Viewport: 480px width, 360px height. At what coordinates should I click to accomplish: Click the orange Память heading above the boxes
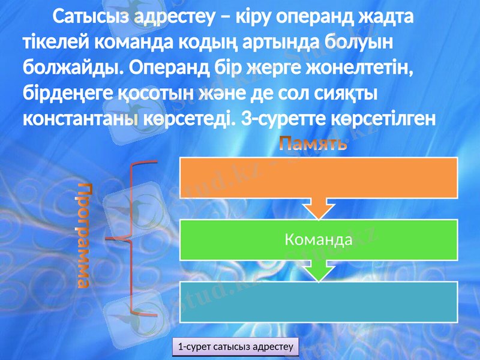pos(313,144)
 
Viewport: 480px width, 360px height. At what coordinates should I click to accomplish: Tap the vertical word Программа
pos(86,235)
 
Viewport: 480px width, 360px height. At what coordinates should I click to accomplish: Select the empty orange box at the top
pos(319,177)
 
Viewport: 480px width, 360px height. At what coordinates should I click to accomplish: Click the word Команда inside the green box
pos(318,240)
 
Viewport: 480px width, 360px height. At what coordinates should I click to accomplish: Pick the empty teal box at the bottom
pos(319,302)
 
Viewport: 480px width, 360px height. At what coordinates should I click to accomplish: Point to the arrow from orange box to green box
pos(319,208)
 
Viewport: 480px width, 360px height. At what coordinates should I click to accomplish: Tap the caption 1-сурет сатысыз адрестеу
pos(235,346)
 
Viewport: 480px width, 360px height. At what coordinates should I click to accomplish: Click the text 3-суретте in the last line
pos(283,118)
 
